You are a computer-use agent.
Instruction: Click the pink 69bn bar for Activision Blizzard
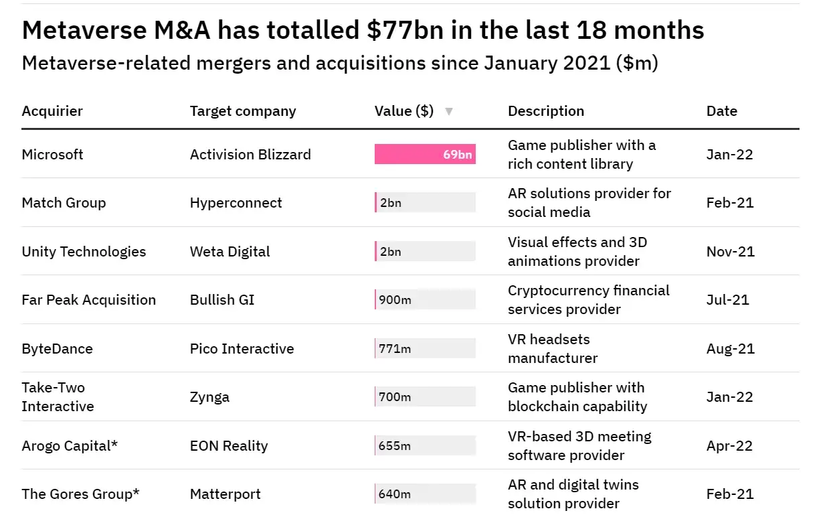[x=425, y=155]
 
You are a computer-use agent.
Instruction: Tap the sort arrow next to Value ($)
[x=449, y=111]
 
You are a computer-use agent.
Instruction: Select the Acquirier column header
[x=52, y=111]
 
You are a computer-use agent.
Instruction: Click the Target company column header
[x=243, y=111]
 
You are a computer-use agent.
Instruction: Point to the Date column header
[x=722, y=111]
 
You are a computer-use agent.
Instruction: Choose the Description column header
[x=546, y=111]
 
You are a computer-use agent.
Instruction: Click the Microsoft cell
[x=52, y=155]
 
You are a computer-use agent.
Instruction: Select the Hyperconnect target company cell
[x=236, y=203]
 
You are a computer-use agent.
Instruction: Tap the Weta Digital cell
[x=230, y=252]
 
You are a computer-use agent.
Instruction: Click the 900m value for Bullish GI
[x=395, y=300]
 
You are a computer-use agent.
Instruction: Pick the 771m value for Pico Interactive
[x=395, y=349]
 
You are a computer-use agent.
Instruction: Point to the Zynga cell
[x=209, y=397]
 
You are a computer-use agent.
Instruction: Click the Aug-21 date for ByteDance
[x=731, y=349]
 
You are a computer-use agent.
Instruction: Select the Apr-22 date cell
[x=730, y=446]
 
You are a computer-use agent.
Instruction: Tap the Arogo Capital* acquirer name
[x=70, y=446]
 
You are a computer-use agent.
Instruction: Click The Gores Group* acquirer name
[x=81, y=494]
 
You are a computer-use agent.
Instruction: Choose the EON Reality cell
[x=229, y=446]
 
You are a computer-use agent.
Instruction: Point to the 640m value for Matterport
[x=395, y=494]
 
